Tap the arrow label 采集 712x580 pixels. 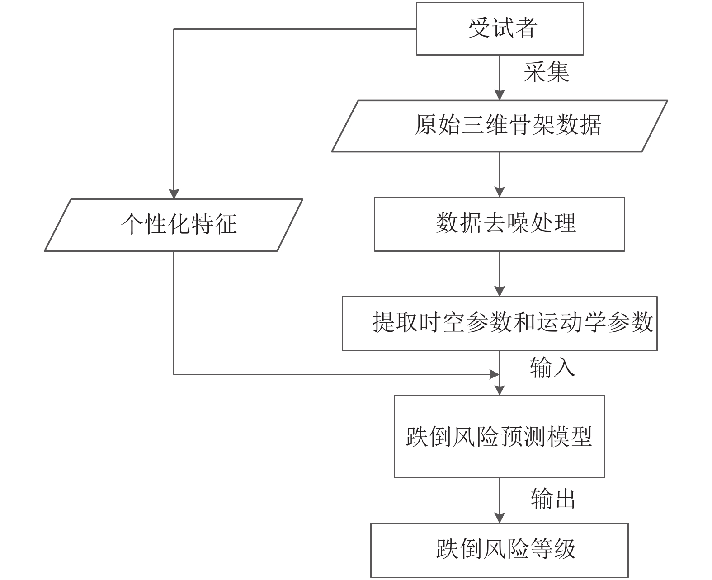(546, 72)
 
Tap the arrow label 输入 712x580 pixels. (552, 368)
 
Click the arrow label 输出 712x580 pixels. (552, 499)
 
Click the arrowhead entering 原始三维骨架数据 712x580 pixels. (500, 95)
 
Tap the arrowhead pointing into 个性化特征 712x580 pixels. (174, 194)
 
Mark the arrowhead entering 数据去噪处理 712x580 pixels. (500, 192)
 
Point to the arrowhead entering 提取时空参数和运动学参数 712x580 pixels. (500, 291)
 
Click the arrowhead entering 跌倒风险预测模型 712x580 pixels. (500, 390)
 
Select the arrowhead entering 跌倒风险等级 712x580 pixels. (500, 518)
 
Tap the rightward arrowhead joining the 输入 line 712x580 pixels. (494, 374)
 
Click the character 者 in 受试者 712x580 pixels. (526, 28)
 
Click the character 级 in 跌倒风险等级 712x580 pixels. (564, 548)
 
